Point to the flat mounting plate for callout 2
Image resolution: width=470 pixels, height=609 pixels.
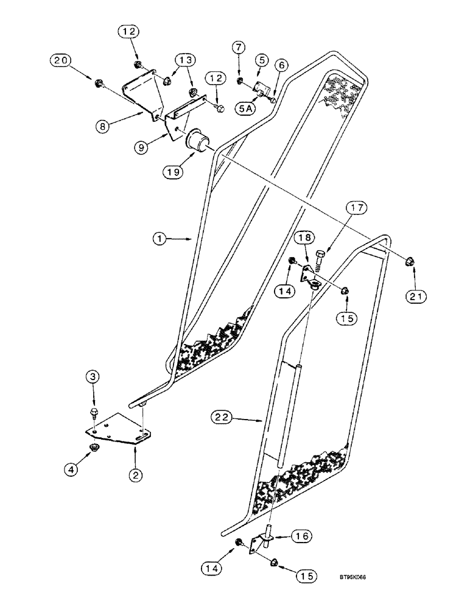pyautogui.click(x=119, y=427)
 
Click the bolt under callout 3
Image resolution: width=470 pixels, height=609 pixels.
pyautogui.click(x=94, y=414)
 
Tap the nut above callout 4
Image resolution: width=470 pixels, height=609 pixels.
pyautogui.click(x=94, y=448)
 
